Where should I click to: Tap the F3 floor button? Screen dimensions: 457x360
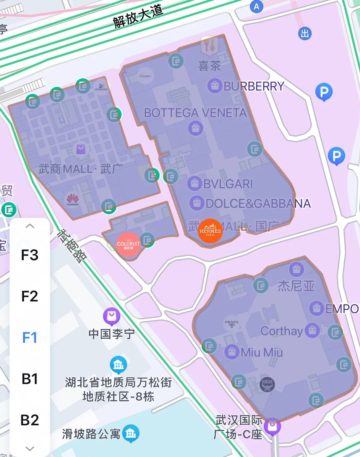30,255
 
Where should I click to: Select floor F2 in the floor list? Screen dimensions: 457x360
30,296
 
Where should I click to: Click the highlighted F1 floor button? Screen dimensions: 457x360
30,338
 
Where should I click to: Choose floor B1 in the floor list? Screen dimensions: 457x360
30,379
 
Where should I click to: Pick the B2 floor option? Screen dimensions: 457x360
30,420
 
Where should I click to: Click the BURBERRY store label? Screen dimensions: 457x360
253,86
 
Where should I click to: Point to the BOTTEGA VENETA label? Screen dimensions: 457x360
195,113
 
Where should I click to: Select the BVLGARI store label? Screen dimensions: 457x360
228,184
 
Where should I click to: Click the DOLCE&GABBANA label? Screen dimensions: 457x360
258,203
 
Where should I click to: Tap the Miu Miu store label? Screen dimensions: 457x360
262,352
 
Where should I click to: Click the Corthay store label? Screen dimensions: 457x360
282,331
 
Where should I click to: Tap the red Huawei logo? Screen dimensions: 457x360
72,199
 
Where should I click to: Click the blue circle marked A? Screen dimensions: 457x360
256,6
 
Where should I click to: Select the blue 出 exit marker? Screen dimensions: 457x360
304,33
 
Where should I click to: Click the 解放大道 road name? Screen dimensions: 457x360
138,16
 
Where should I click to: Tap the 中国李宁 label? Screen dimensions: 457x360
112,333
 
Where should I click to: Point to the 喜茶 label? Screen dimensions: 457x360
209,66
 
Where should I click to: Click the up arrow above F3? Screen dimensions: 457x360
30,226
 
